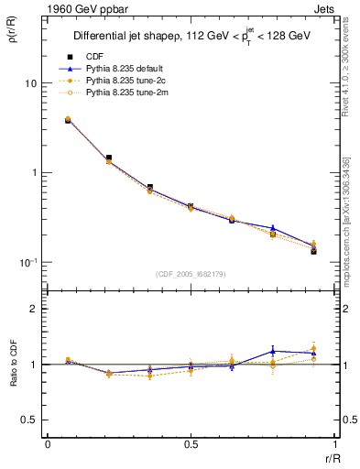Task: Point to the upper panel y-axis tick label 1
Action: [32, 173]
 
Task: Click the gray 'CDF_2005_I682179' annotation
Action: [191, 274]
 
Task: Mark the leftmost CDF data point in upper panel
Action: [68, 120]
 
